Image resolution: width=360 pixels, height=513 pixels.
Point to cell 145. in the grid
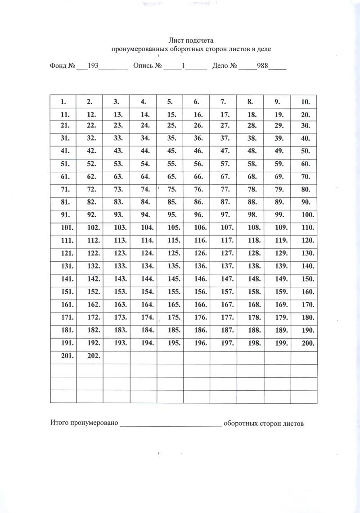click(x=170, y=279)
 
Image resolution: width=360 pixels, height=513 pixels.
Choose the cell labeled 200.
click(x=304, y=343)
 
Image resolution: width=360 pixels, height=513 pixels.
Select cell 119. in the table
click(x=277, y=241)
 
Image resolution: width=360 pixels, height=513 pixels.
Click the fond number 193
click(x=93, y=66)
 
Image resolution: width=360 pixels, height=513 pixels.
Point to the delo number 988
click(x=262, y=66)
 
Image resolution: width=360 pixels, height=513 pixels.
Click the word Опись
click(x=140, y=66)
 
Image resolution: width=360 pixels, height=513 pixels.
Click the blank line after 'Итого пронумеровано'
click(x=171, y=424)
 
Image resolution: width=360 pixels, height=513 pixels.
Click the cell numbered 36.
click(x=197, y=138)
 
